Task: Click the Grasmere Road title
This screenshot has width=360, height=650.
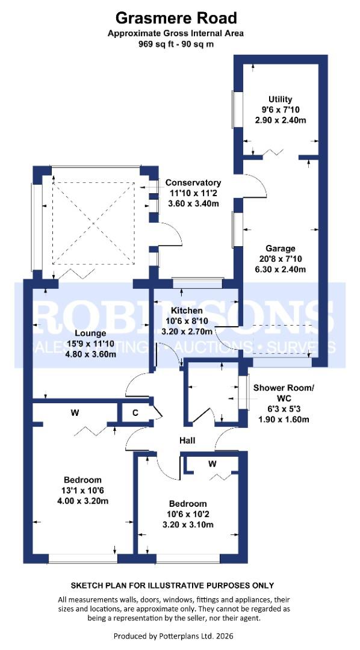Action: pos(176,18)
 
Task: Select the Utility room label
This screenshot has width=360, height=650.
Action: pos(280,99)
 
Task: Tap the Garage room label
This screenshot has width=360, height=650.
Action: pos(281,248)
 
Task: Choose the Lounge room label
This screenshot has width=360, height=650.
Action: pos(90,333)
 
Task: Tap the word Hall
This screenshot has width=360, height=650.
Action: pos(187,441)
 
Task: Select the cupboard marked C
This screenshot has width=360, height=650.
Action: pos(135,413)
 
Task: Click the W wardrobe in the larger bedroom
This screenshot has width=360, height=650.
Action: pos(75,413)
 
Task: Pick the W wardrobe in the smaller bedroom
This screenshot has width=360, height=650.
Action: pos(212,463)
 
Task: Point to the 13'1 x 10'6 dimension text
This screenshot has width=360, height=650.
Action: pos(82,491)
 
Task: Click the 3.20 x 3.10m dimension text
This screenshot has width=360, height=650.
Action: pos(187,525)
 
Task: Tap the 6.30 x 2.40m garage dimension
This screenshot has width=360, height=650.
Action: pos(281,269)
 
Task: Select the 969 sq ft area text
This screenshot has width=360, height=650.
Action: pos(176,44)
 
